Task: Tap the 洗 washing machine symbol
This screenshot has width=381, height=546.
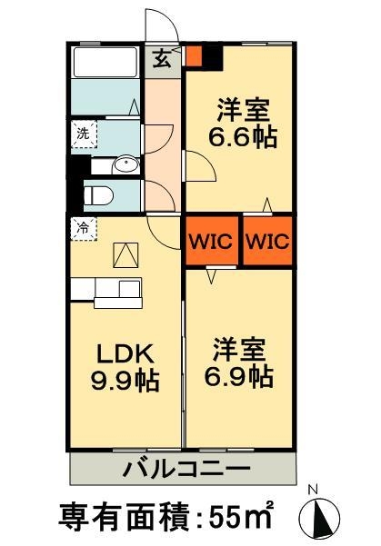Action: (x=81, y=131)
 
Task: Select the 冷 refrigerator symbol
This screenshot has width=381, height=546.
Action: (x=81, y=229)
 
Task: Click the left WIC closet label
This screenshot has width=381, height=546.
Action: (x=212, y=242)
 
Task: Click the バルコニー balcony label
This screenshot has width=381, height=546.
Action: (x=185, y=470)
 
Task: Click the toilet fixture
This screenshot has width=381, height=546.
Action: (x=98, y=194)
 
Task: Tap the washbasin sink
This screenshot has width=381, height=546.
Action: (x=125, y=164)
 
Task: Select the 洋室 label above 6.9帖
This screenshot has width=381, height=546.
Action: (x=240, y=347)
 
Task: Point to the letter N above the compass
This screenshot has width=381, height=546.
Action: (x=313, y=491)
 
